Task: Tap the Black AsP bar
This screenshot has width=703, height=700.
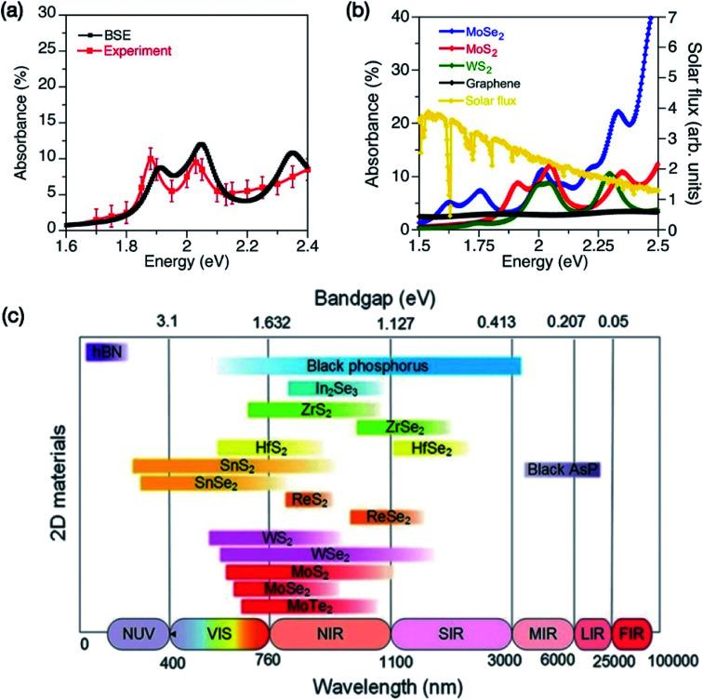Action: pyautogui.click(x=562, y=469)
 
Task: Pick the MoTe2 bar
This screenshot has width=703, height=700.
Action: pyautogui.click(x=308, y=606)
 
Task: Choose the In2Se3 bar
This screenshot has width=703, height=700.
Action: pyautogui.click(x=334, y=389)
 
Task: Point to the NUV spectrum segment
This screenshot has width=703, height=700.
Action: pyautogui.click(x=138, y=634)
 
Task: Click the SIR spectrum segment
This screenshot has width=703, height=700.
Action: pyautogui.click(x=450, y=634)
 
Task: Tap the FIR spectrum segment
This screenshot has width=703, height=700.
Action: pyautogui.click(x=630, y=634)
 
